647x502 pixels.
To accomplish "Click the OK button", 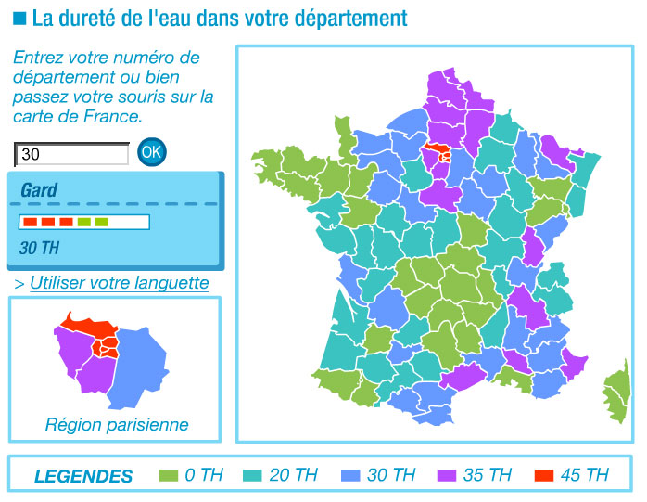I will coord(152,151).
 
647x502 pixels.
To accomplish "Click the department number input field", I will coord(72,154).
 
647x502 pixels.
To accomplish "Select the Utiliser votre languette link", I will coord(120,283).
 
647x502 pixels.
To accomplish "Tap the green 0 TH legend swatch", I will coord(168,476).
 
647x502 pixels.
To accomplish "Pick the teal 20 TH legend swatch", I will coord(252,476).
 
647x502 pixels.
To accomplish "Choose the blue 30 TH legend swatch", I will coord(350,476).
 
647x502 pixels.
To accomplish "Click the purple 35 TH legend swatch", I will coord(447,476).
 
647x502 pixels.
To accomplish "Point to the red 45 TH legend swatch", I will coord(544,476).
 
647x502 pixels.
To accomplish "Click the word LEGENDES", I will coord(83,477).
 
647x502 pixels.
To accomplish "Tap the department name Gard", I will coord(39,190).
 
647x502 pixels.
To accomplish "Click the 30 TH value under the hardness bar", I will coord(39,248).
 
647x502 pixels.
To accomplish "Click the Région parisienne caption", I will coord(117,425).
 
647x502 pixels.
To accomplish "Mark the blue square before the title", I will coord(19,18).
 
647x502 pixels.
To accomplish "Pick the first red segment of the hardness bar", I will coord(30,223).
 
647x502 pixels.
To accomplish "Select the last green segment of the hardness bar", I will coord(102,223).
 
